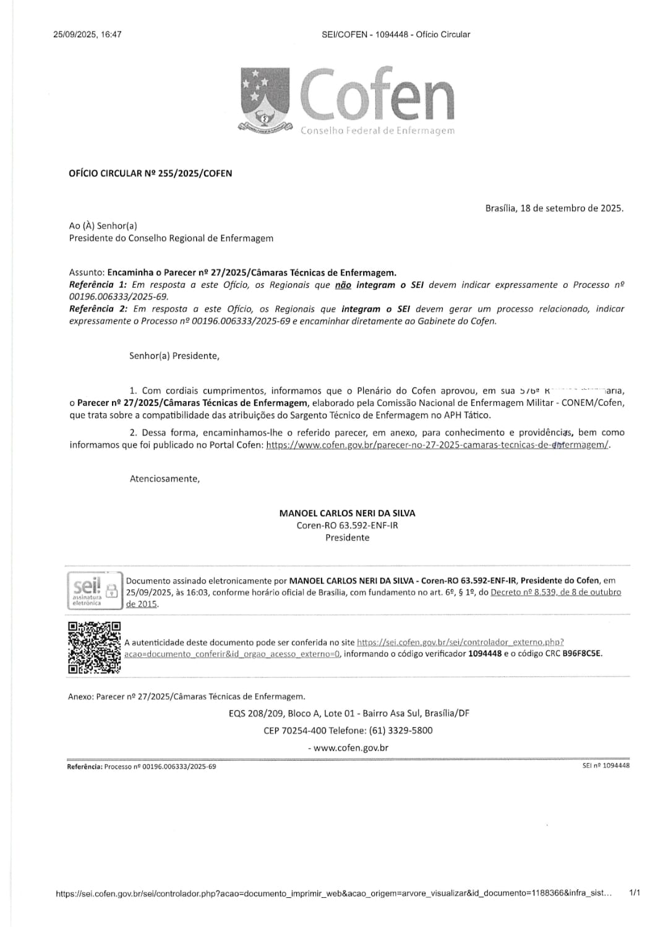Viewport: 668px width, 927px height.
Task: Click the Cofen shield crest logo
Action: [265, 99]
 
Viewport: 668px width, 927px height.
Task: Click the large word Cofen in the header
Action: [377, 96]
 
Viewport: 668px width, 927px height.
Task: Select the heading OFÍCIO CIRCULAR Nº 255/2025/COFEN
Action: [150, 174]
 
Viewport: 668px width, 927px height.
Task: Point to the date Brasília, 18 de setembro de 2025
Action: [554, 209]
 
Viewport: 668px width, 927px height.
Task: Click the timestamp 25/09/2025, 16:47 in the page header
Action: [87, 35]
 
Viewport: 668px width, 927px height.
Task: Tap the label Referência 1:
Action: [98, 285]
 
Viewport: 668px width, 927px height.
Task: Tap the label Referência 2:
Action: [98, 309]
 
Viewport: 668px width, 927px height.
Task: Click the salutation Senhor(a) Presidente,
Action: [174, 356]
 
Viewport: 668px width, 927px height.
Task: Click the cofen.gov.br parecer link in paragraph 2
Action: [437, 445]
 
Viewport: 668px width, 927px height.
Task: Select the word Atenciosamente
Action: [165, 479]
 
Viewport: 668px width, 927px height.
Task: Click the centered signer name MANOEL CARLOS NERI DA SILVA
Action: [347, 513]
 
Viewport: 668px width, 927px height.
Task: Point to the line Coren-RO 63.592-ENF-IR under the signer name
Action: [347, 525]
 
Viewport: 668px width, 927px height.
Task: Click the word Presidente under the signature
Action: [347, 538]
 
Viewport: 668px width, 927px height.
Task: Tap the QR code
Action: [94, 647]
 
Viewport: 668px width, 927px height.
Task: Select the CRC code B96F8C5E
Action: [581, 653]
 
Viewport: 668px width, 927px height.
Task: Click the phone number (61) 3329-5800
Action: [401, 730]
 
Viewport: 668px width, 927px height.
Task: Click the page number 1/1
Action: [634, 893]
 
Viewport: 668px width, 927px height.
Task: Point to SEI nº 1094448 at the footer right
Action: [606, 765]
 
